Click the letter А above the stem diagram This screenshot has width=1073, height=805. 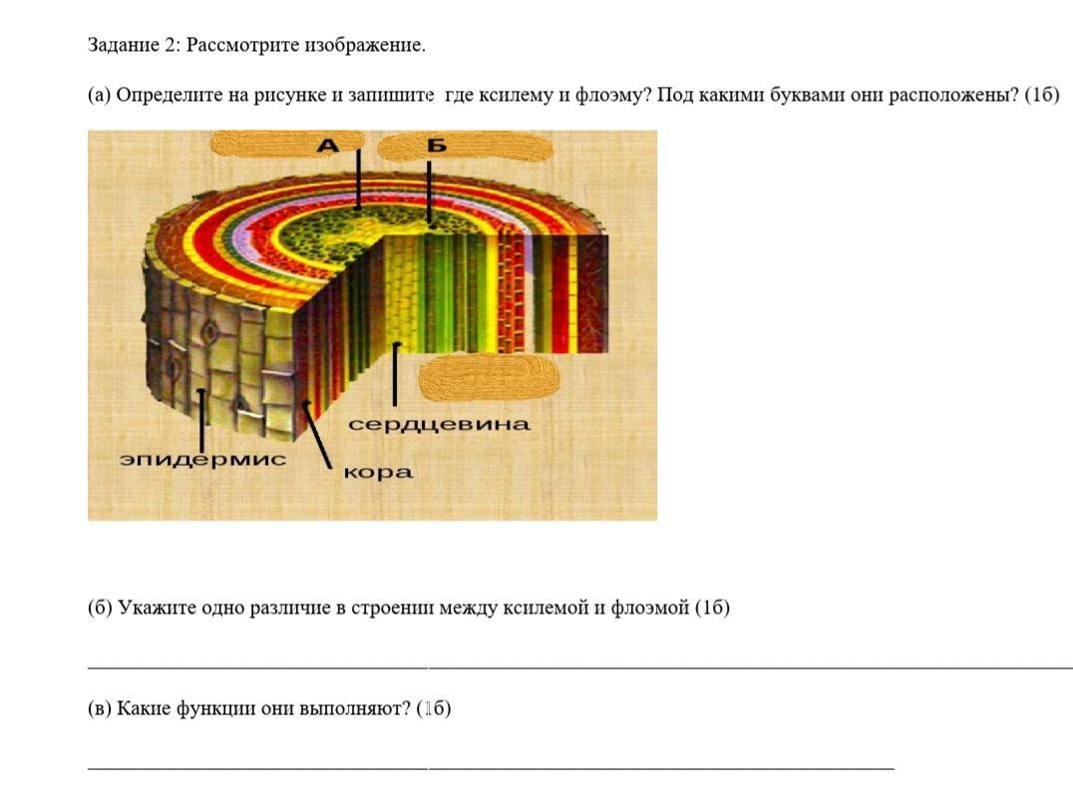click(328, 146)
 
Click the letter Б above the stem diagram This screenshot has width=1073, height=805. click(437, 146)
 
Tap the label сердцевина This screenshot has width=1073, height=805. click(440, 425)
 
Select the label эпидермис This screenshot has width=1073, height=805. click(202, 459)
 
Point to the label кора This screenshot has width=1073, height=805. click(378, 473)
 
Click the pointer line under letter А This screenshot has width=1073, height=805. click(359, 178)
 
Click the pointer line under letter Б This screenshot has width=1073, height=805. click(430, 194)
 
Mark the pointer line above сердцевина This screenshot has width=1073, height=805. click(395, 374)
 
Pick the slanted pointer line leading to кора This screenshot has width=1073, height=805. click(316, 435)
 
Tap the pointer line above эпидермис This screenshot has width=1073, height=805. click(201, 419)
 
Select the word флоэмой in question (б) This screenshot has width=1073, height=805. click(649, 607)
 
